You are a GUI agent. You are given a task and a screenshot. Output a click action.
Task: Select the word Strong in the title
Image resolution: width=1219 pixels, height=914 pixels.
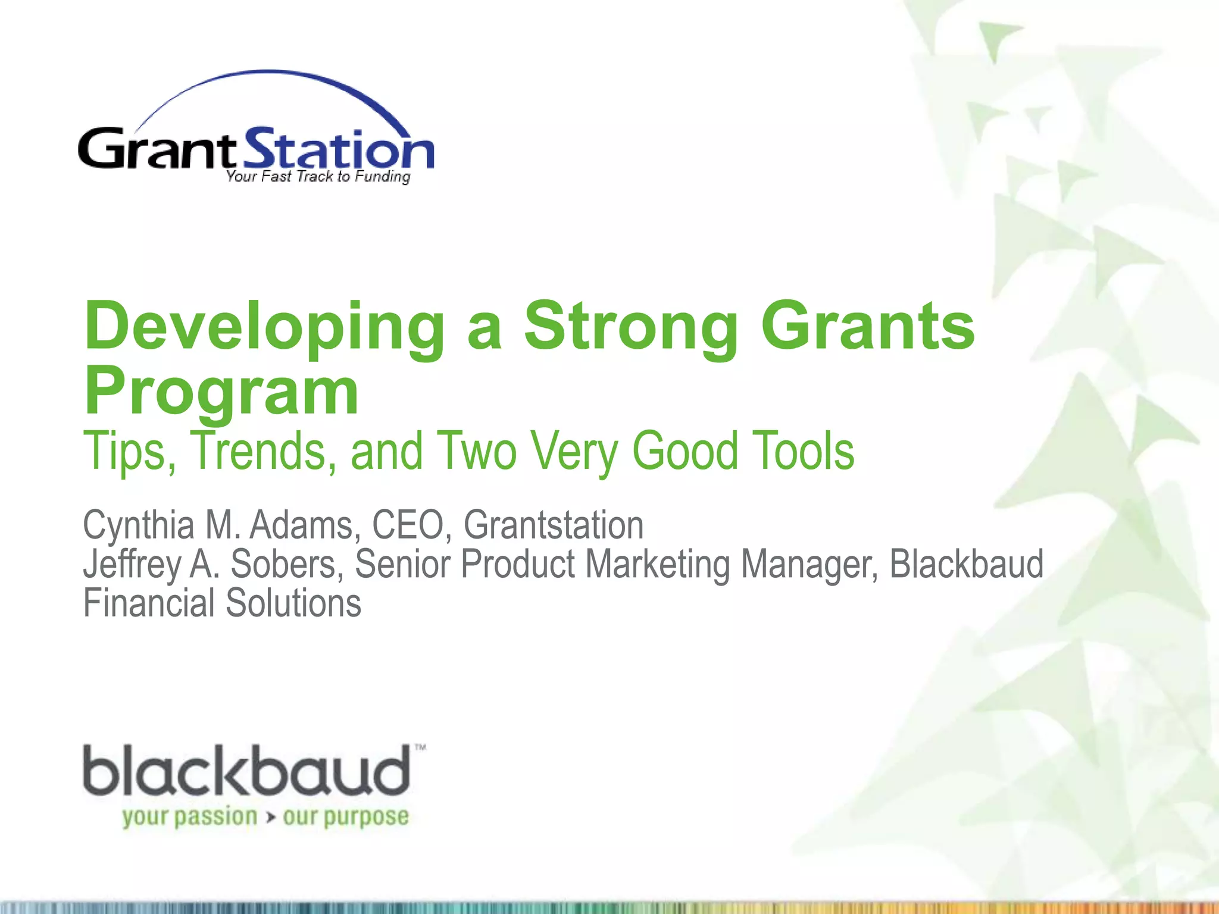pyautogui.click(x=630, y=327)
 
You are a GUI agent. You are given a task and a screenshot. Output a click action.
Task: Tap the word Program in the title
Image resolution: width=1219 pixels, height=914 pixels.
pyautogui.click(x=221, y=393)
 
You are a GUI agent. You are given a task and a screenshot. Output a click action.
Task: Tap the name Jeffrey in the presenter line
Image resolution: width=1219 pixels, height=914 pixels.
pyautogui.click(x=132, y=564)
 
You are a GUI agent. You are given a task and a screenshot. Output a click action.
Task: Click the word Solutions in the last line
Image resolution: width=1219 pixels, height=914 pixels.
pyautogui.click(x=293, y=603)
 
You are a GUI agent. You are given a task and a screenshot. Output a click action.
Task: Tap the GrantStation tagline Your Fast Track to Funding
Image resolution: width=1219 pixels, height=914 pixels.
pyautogui.click(x=318, y=177)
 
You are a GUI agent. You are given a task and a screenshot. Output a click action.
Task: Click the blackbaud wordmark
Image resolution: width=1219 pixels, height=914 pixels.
pyautogui.click(x=246, y=771)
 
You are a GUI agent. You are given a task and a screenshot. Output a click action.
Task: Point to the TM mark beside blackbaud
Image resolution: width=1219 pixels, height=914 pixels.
pyautogui.click(x=420, y=747)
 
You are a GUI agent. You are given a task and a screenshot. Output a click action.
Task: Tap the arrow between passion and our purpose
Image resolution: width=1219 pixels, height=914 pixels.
pyautogui.click(x=271, y=818)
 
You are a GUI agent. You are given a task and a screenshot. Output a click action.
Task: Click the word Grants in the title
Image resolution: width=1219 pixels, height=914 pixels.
pyautogui.click(x=868, y=327)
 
